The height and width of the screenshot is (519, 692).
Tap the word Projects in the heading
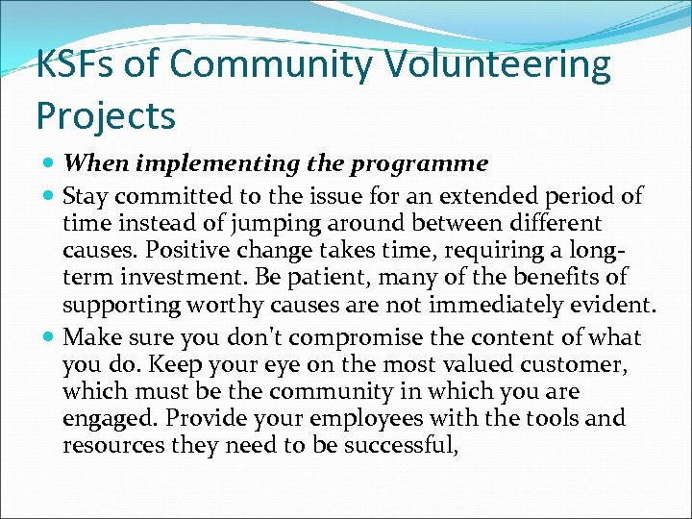(106, 115)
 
